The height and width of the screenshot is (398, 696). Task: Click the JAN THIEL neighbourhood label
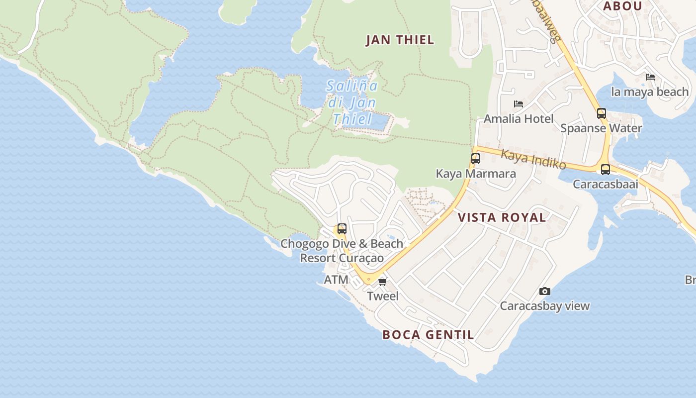tap(400, 40)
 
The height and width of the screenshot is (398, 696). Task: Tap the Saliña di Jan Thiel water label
tap(352, 102)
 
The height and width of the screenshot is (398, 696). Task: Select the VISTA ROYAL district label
tap(502, 217)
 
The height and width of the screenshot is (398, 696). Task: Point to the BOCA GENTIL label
tap(428, 335)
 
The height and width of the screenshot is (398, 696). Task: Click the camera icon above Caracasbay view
tap(545, 291)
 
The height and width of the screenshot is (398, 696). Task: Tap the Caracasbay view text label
tap(544, 306)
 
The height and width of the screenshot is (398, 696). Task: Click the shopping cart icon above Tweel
tap(382, 282)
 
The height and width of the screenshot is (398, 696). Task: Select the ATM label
tap(336, 280)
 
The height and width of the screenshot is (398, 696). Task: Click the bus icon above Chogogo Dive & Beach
tap(342, 229)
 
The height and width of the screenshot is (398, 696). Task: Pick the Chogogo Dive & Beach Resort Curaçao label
tap(342, 251)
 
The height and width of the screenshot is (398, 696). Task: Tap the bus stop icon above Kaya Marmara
tap(476, 159)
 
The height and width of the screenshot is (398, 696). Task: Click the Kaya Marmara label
tap(476, 174)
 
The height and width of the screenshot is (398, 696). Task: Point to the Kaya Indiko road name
tap(533, 158)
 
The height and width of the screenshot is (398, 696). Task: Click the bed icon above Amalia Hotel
tap(519, 104)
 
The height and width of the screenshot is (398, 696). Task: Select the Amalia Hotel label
tap(519, 119)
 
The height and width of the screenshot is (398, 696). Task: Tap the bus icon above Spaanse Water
tap(602, 113)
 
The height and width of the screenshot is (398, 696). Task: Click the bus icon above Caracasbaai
tap(605, 169)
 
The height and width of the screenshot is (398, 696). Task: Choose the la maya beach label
tap(650, 92)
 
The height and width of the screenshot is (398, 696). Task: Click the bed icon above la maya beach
tap(650, 77)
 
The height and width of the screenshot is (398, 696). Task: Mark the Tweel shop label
tap(383, 297)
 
